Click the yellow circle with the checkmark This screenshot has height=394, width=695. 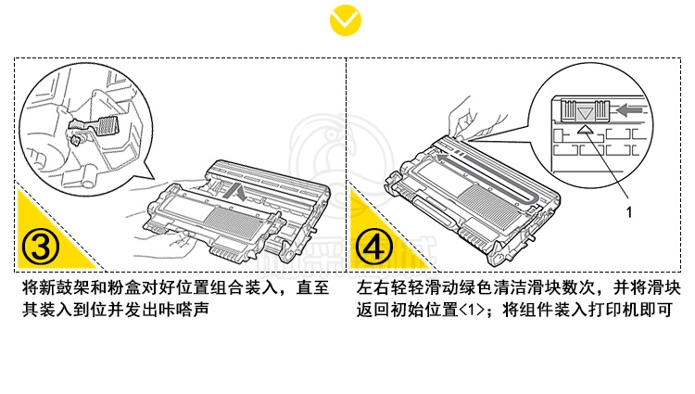coord(347,19)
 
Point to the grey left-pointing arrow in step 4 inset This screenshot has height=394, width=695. coord(629,109)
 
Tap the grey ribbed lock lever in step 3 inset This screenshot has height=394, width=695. coord(108,125)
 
